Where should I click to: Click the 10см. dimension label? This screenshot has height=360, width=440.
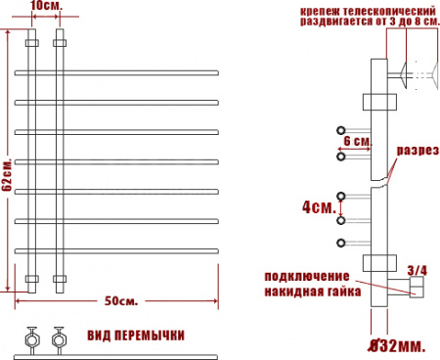point(46,6)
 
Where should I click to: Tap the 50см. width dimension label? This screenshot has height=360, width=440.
point(121,301)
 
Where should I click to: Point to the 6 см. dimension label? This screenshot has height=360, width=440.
point(358,142)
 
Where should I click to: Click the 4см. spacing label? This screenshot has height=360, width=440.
point(319,207)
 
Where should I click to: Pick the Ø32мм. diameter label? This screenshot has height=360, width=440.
point(397,346)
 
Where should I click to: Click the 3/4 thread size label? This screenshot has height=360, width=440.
point(418,270)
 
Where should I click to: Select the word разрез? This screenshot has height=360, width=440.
point(418,151)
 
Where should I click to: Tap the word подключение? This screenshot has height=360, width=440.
point(307,277)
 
